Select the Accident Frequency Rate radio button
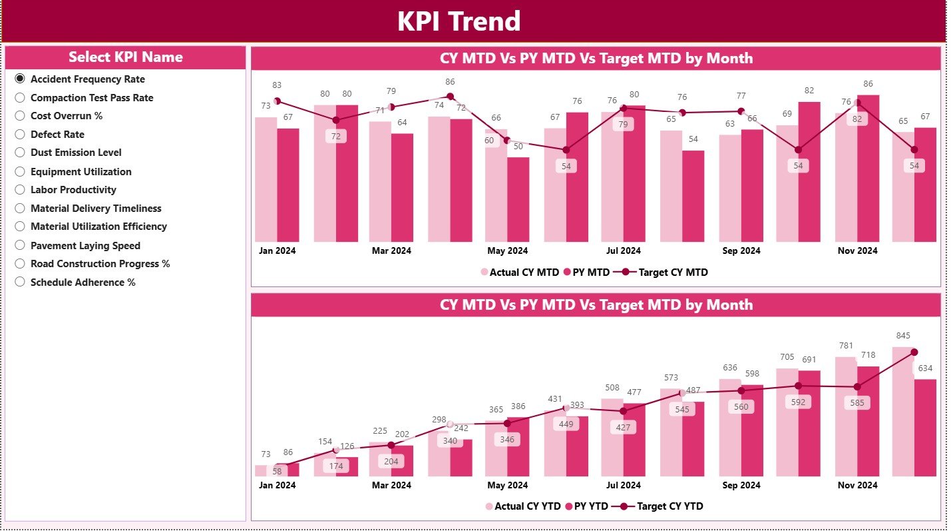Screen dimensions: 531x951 click(20, 79)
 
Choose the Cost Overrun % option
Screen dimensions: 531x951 click(20, 116)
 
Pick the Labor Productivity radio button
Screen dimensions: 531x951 click(20, 190)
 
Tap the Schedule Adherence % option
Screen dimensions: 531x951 click(20, 282)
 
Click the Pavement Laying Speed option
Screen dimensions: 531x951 click(20, 246)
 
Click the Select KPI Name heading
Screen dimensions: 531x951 click(125, 57)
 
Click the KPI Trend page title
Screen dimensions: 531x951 click(459, 21)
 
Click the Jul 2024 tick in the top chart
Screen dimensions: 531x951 click(624, 251)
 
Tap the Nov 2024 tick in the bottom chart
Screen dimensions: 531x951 click(857, 486)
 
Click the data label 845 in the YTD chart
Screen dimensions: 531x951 click(903, 336)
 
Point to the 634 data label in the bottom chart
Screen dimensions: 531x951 click(925, 368)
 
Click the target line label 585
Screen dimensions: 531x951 click(857, 403)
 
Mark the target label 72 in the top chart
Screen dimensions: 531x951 click(336, 136)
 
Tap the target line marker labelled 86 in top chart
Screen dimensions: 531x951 click(450, 97)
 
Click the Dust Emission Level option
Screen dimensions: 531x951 click(20, 153)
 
